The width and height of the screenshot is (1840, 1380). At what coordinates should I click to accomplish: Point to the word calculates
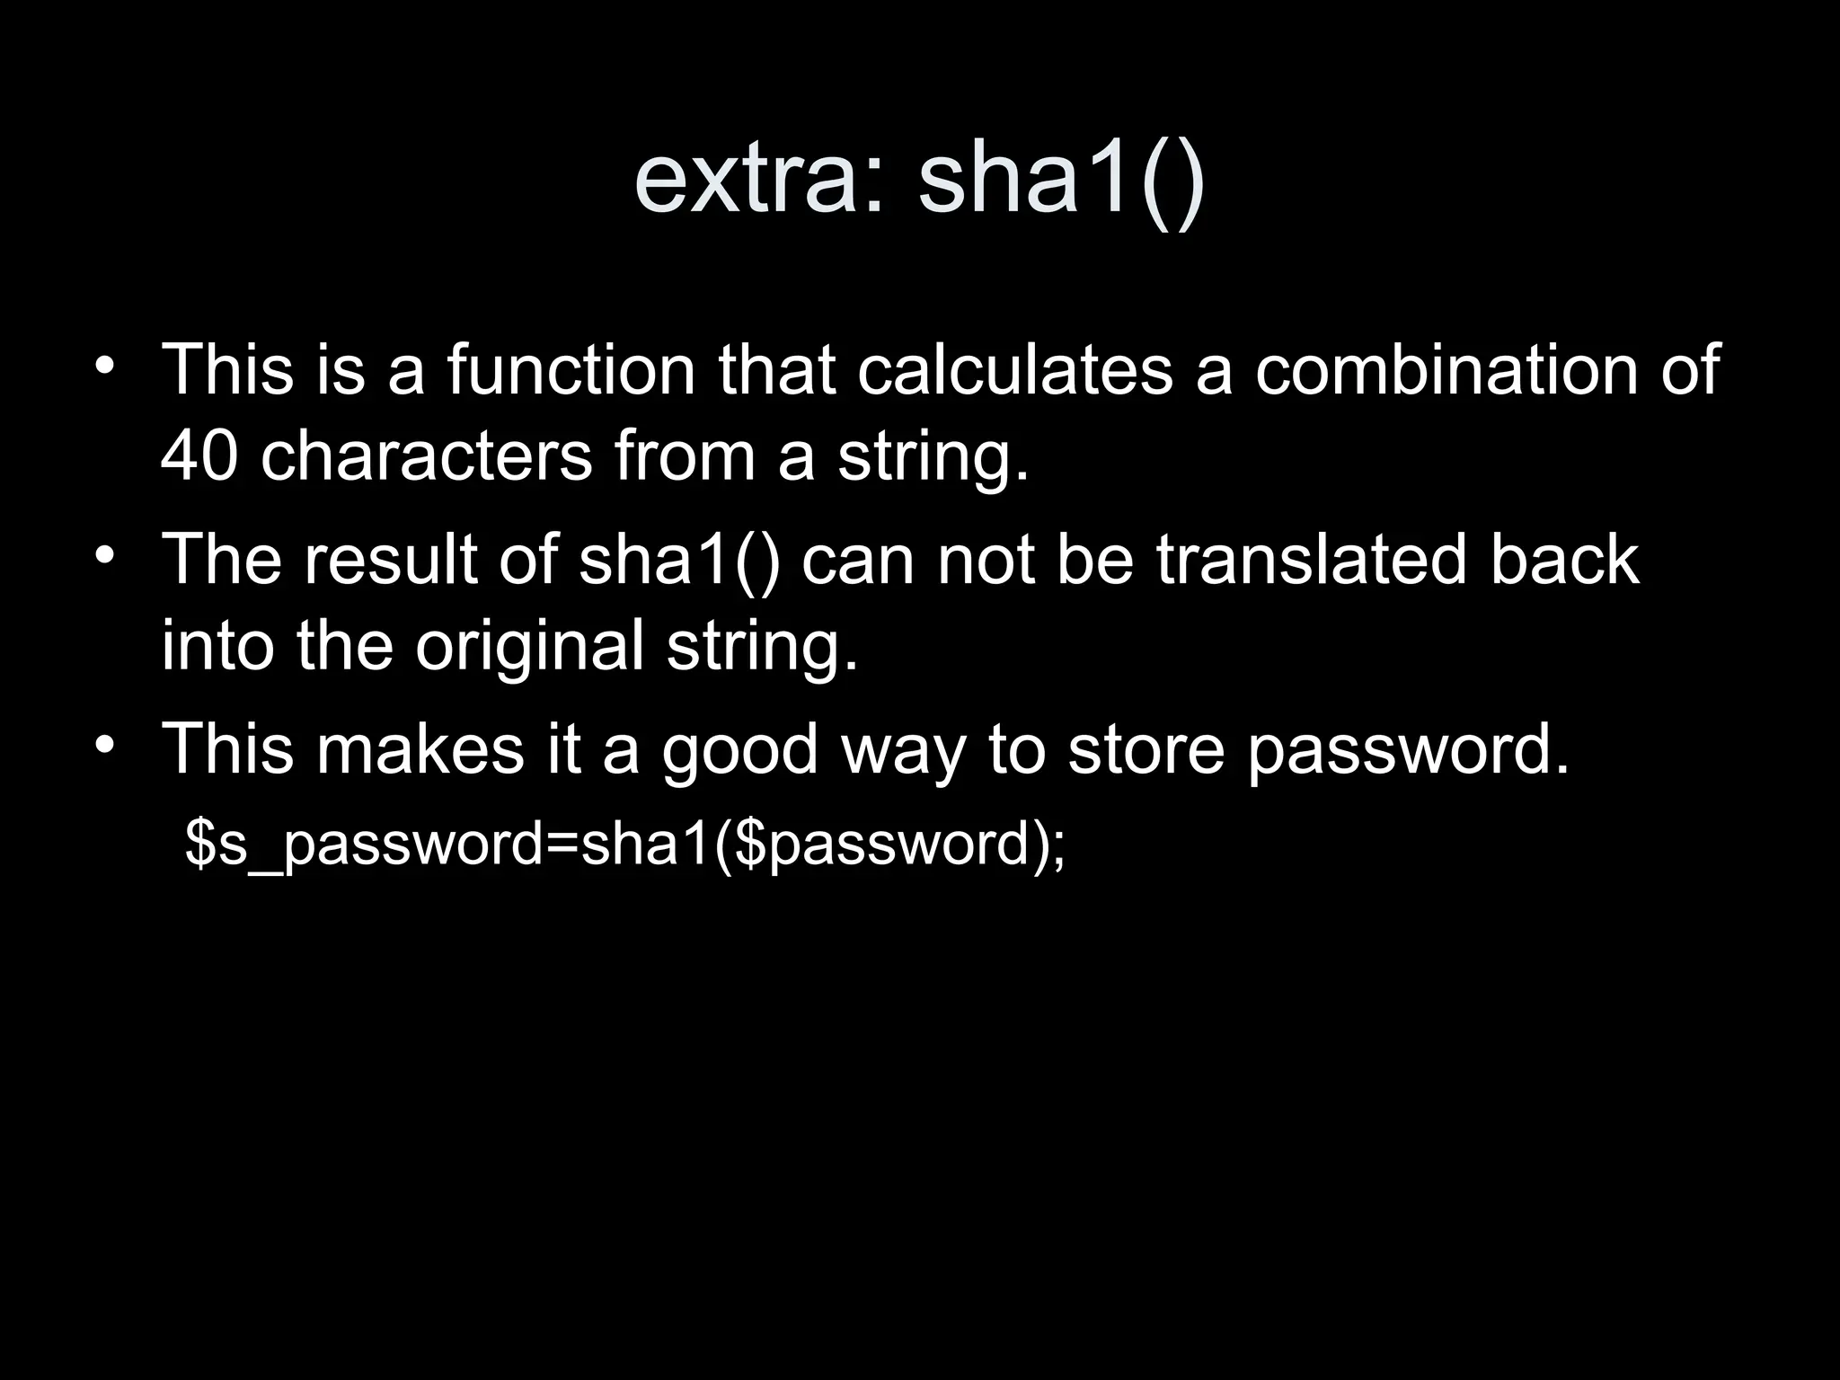coord(1014,369)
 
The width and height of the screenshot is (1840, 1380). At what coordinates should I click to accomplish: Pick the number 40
coord(199,456)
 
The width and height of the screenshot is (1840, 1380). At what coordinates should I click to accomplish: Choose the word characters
coord(426,456)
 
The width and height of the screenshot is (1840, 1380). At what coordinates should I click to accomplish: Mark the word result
coord(390,560)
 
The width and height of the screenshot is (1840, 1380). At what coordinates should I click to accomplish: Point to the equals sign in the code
coord(562,845)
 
